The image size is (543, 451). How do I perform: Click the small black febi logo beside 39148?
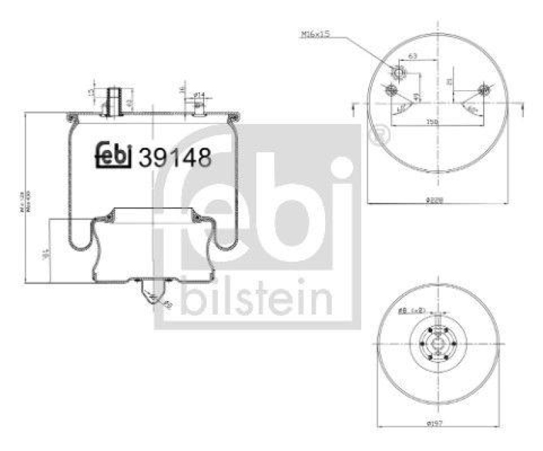113,156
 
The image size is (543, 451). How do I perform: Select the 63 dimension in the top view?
411,57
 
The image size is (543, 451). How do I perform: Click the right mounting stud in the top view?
483,89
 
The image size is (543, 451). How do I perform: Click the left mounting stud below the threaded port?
390,90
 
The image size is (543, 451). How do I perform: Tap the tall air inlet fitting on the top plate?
113,99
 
